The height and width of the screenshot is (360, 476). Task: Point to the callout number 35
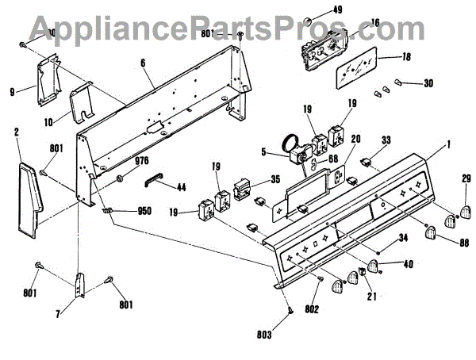274,179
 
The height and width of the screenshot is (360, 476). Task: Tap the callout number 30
428,83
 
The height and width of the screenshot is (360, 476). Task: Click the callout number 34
403,236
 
